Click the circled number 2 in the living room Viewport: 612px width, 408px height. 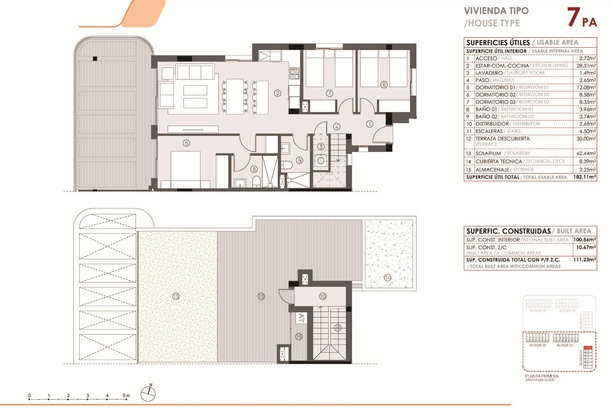click(278, 93)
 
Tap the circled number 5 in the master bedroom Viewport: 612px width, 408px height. click(186, 143)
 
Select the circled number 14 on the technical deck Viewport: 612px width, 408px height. click(388, 278)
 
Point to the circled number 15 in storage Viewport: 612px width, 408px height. click(299, 337)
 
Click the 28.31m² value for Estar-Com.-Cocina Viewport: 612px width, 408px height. click(586, 66)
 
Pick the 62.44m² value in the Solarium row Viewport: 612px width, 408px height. click(586, 153)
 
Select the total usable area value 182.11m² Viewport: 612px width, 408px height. click(584, 177)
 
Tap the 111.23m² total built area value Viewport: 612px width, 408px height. click(584, 260)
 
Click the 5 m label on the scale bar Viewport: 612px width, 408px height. click(126, 396)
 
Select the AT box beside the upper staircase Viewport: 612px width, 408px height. click(301, 318)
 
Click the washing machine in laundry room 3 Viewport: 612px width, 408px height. click(321, 161)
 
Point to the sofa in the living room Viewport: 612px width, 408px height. click(195, 72)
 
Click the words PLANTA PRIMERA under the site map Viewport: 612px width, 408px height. click(542, 376)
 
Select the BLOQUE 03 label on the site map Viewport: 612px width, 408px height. click(538, 345)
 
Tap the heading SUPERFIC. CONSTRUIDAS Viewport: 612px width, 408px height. click(508, 231)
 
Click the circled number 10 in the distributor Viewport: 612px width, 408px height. click(323, 296)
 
